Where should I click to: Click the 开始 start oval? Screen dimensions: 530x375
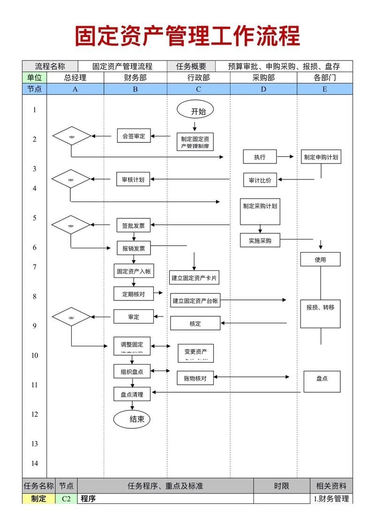pos(195,111)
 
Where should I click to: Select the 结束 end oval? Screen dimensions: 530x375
pos(132,419)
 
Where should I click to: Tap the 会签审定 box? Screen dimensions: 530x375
pos(134,136)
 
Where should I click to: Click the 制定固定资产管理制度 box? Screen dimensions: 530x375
pos(195,142)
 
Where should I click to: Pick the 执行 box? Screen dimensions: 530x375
pos(260,157)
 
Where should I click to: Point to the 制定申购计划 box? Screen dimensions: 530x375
pos(321,157)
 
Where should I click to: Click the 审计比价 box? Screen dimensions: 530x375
pos(260,180)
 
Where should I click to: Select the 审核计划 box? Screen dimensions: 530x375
pos(133,179)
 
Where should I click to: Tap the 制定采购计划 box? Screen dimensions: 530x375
pos(260,211)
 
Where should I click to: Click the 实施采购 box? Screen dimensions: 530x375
pos(260,241)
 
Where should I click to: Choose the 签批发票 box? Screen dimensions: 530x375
pos(134,225)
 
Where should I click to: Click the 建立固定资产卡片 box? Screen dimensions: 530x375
pos(194,277)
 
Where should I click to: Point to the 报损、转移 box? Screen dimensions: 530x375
pos(320,308)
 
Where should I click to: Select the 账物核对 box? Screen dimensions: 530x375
pos(195,378)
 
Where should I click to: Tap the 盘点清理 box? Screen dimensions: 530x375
pos(132,395)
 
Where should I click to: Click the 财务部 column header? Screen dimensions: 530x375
pos(135,78)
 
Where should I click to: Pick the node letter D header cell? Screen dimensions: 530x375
pos(263,89)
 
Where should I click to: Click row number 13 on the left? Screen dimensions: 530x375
pos(34,444)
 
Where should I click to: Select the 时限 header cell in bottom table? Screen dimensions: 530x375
pos(281,486)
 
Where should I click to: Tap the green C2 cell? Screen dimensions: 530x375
pos(66,499)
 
